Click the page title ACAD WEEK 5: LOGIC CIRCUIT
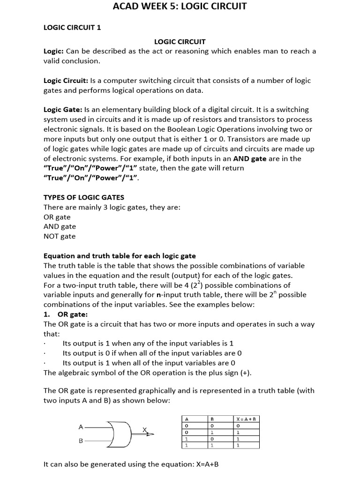(180, 7)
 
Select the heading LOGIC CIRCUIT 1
(72, 27)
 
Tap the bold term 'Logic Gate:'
(63, 109)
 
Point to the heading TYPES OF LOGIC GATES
(84, 197)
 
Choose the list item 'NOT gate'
(60, 236)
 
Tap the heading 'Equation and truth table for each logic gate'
(120, 256)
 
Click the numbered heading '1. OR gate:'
(66, 314)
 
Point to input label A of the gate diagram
(81, 427)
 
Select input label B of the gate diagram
(81, 441)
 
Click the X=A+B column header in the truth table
(248, 419)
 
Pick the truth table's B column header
(212, 419)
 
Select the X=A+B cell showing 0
(238, 426)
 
